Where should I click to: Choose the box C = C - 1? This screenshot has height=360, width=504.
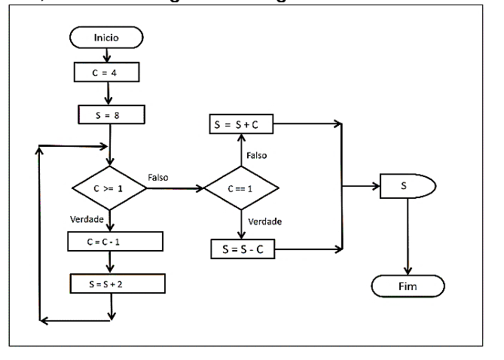[x=114, y=241]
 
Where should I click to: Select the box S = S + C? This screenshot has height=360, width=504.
[x=241, y=124]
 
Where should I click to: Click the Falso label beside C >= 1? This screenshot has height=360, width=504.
[x=158, y=178]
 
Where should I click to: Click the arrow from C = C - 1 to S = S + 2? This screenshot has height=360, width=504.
[x=110, y=262]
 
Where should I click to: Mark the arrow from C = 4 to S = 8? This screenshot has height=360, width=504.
[x=110, y=93]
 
